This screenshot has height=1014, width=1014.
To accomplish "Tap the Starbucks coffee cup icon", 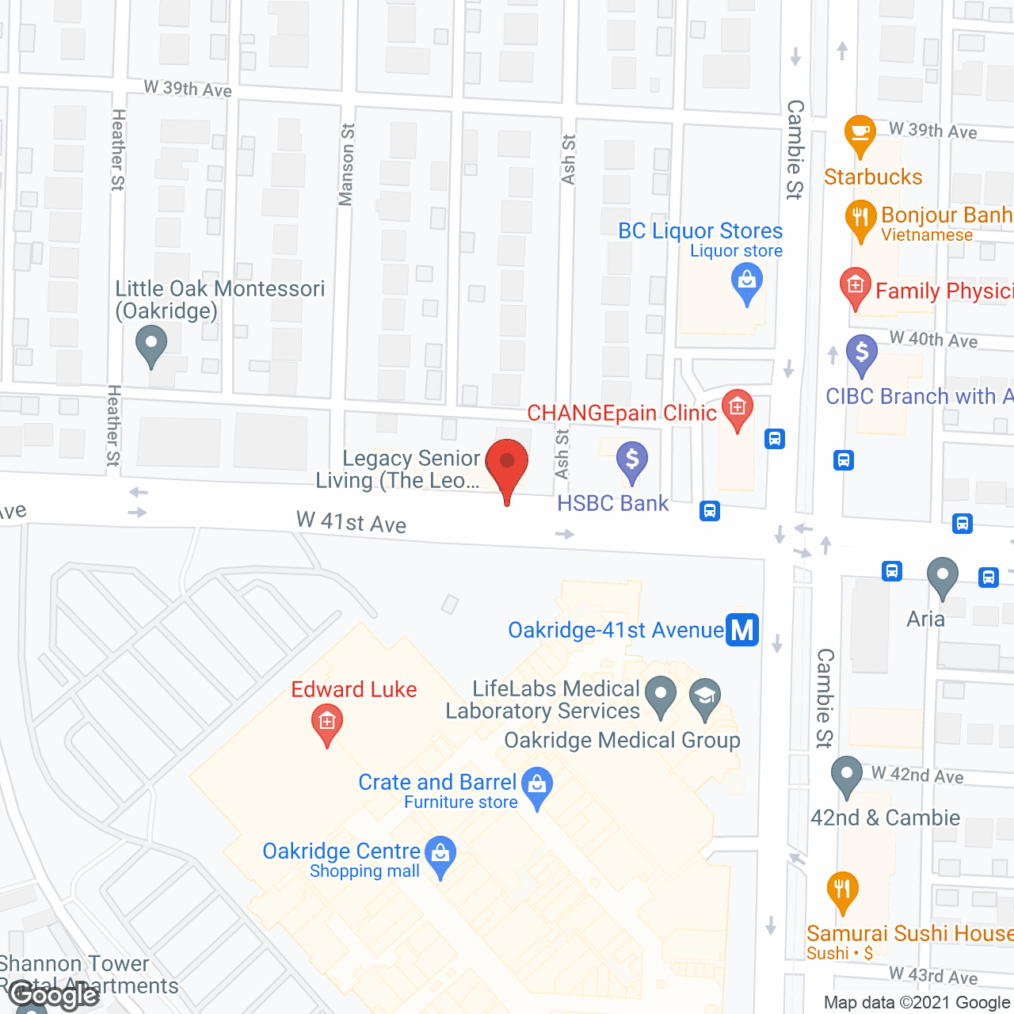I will pos(860,133).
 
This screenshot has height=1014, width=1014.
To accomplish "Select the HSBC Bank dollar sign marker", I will pos(632,461).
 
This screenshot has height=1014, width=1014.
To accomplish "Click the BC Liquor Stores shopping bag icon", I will pos(746,282).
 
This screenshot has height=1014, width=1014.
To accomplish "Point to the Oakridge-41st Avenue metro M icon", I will pos(742,631).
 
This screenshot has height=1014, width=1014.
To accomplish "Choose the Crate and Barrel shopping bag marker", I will pos(538,787).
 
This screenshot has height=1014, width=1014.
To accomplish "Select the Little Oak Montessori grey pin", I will pos(151,345).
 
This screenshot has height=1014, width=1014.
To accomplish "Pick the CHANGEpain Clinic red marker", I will pos(738,409).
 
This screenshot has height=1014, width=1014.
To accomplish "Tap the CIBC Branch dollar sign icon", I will pos(862,353).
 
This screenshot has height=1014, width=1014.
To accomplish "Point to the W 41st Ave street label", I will pos(351,522).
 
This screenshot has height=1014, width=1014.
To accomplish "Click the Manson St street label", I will pos(346,165).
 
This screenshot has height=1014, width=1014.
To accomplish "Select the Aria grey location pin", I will pos(942,576).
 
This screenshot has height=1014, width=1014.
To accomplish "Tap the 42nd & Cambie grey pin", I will pos(846,776).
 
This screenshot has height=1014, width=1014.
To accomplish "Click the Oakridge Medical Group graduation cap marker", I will pos(704,697).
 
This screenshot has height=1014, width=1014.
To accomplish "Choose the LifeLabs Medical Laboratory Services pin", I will pos(661,695).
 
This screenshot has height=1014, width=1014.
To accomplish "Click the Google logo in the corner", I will pos(54,995).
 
